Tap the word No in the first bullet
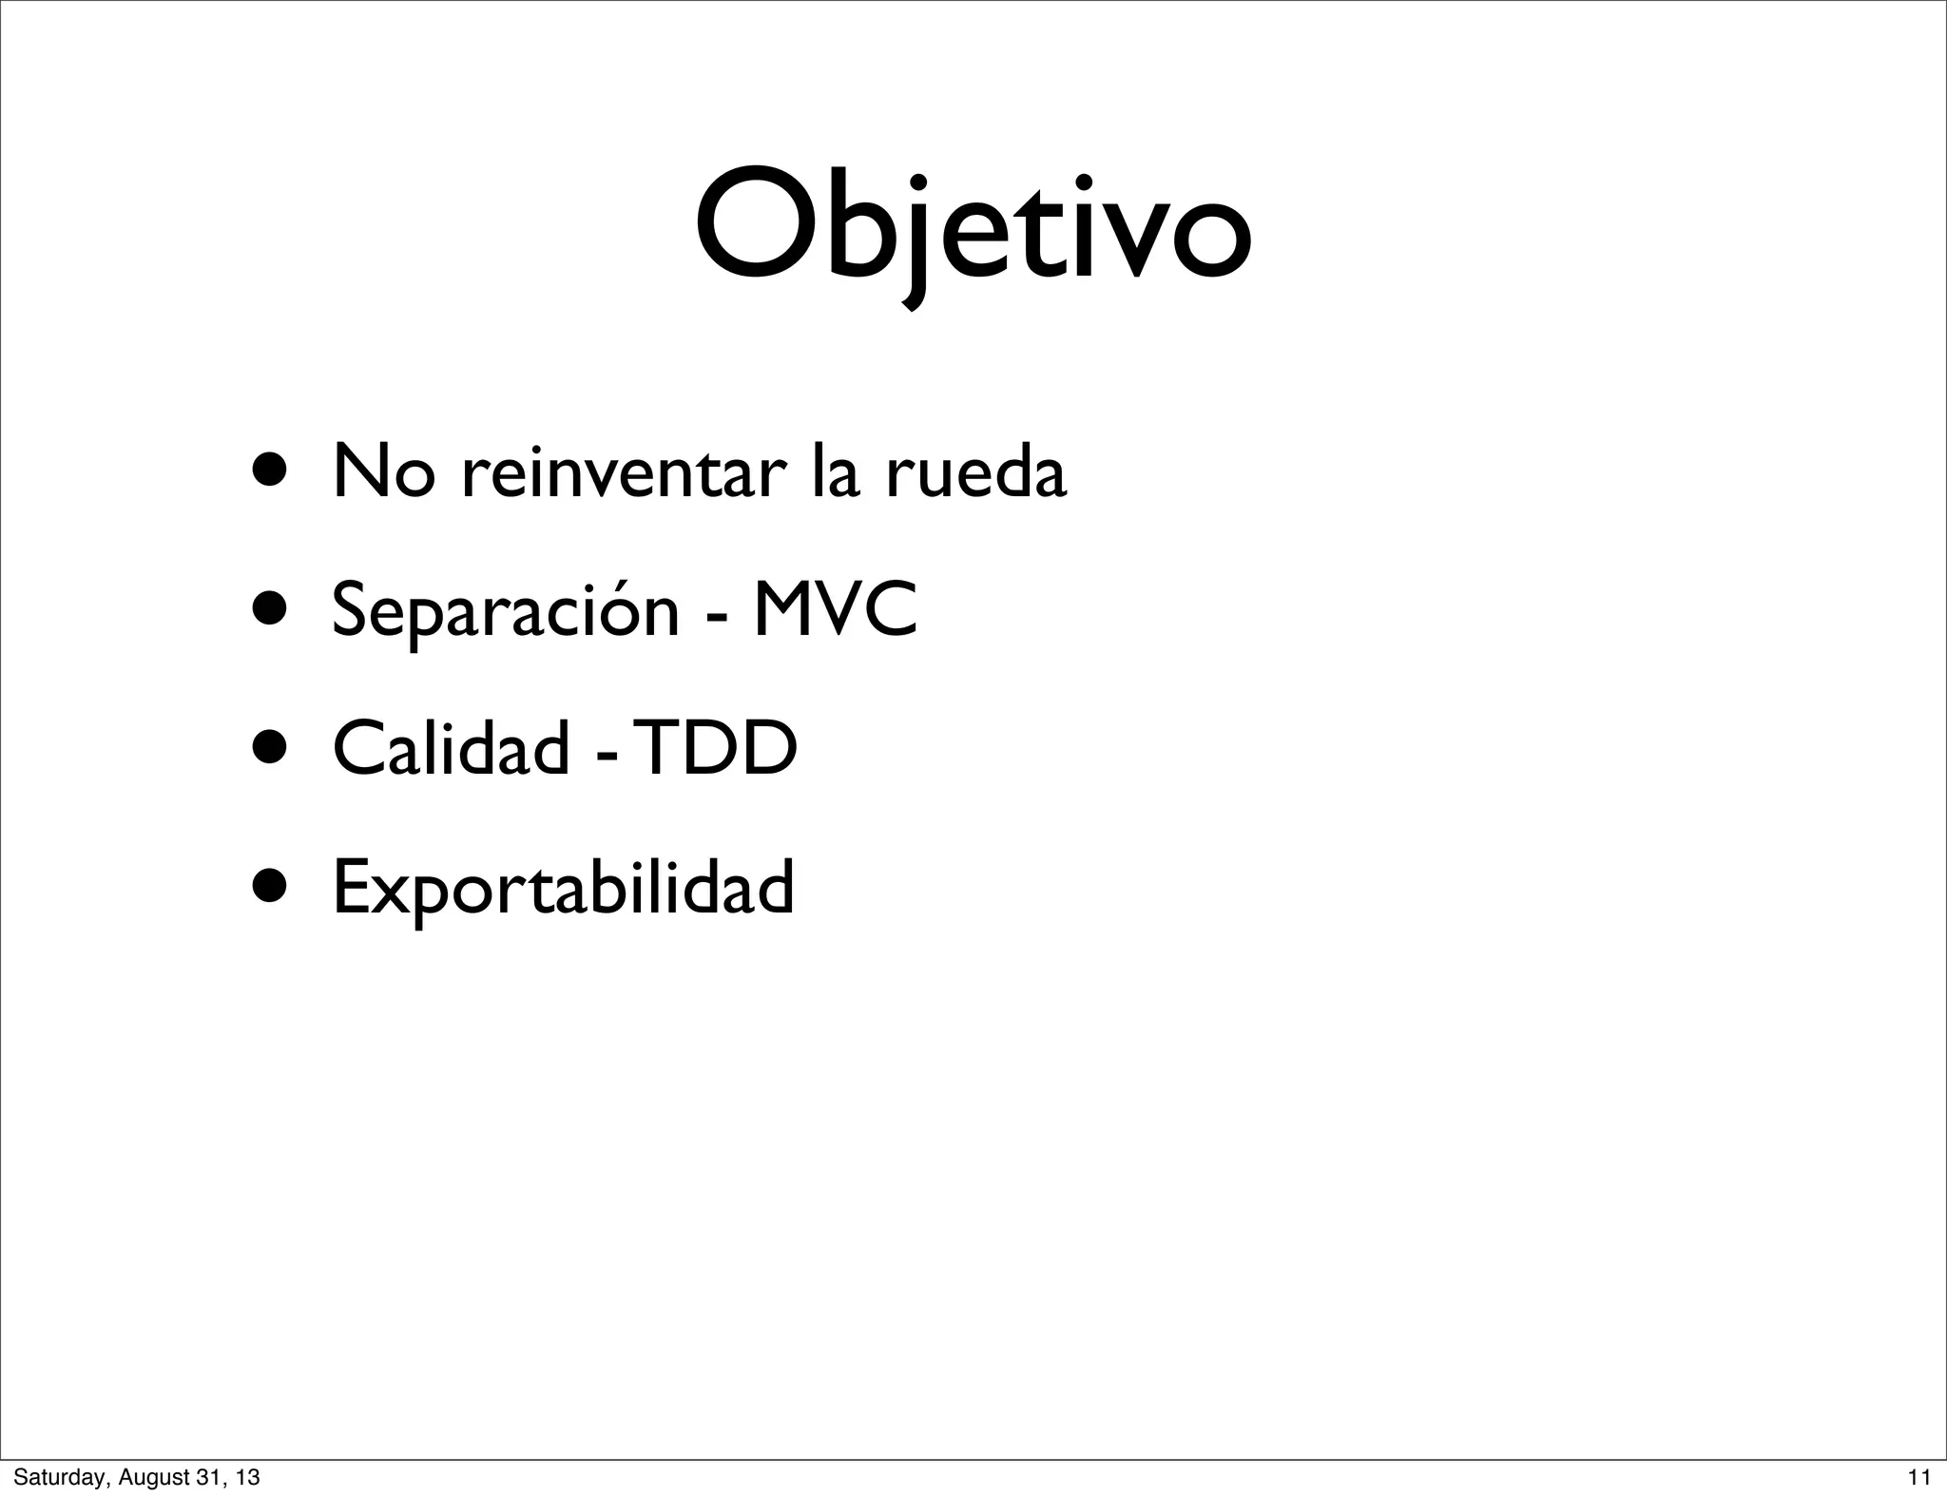click(x=383, y=472)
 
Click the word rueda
click(x=976, y=472)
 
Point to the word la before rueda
click(x=836, y=472)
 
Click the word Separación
click(x=505, y=611)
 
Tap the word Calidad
click(x=452, y=748)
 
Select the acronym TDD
click(x=714, y=748)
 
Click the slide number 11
click(x=1919, y=1478)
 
